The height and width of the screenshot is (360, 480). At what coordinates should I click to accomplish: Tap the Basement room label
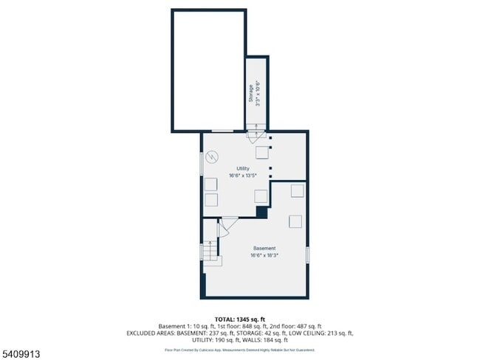coord(264,248)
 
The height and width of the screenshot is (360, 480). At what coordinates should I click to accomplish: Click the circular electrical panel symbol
coord(213,157)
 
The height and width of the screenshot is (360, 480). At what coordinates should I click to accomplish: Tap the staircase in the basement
coord(211,252)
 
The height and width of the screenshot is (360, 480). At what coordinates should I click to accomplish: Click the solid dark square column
coord(261,212)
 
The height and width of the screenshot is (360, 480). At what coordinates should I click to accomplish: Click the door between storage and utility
coord(255,135)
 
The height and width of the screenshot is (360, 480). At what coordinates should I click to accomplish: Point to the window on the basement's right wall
coord(307,255)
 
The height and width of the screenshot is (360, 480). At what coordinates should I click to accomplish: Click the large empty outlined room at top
coord(208,70)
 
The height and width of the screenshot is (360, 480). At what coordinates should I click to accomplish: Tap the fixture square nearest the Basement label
coord(295,222)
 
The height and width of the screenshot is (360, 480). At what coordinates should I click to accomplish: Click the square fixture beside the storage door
coord(262,152)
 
